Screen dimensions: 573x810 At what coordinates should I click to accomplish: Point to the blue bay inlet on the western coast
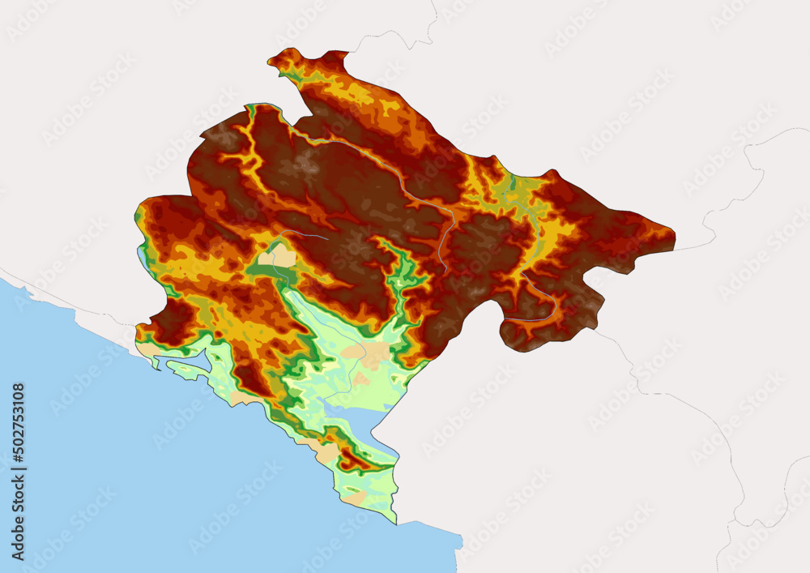pos(182,361)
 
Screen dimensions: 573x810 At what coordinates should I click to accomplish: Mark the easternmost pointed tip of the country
pos(674,235)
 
